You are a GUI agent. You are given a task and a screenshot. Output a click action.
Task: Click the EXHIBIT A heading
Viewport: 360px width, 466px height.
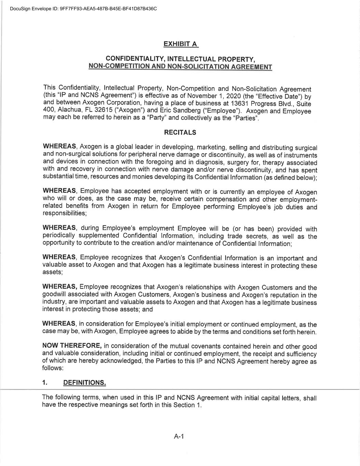point(180,44)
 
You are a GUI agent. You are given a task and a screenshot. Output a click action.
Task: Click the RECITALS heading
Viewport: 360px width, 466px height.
point(180,132)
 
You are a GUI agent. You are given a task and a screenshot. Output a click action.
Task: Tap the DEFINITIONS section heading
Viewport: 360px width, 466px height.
point(85,382)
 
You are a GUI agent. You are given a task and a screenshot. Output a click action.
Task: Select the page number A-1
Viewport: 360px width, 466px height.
point(179,436)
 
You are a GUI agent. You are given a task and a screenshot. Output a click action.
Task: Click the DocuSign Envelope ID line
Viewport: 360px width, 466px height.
point(84,9)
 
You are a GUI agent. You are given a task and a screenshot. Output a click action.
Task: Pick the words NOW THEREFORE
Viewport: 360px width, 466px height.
point(72,345)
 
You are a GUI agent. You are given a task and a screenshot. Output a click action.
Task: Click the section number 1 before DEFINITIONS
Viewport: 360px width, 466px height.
point(44,382)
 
